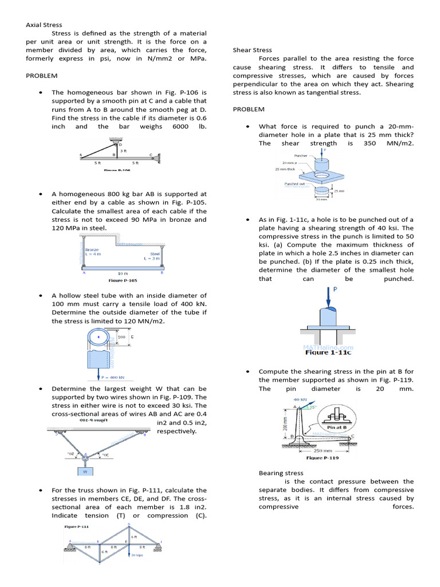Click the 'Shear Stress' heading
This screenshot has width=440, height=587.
click(253, 50)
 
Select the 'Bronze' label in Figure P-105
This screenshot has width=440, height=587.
click(92, 250)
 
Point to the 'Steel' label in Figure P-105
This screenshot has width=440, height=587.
click(155, 253)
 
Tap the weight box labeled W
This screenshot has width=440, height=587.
click(85, 472)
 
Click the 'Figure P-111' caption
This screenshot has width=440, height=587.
click(77, 526)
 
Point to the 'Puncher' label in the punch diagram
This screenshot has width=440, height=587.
click(301, 155)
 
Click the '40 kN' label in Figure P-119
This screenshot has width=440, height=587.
click(300, 400)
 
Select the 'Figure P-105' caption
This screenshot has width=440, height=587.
click(123, 281)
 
